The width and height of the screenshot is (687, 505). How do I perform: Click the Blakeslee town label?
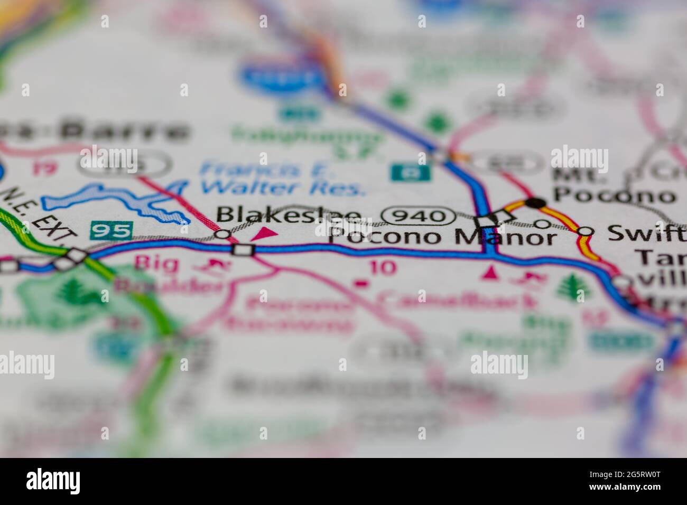coord(289,215)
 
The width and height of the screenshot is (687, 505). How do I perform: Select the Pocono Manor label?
coord(442,237)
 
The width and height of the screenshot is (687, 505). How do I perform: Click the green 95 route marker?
coord(111,231)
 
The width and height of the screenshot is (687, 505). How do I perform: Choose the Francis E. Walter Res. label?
coord(283,179)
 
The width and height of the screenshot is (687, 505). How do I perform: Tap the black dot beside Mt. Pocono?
coord(536,202)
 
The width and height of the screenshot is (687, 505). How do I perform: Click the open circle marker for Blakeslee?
coord(224,233)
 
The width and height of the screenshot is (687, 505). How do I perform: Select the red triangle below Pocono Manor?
coord(490,273)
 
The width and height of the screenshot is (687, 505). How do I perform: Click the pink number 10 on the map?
coord(383,267)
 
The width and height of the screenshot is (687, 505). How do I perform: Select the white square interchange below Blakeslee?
coord(244,250)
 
